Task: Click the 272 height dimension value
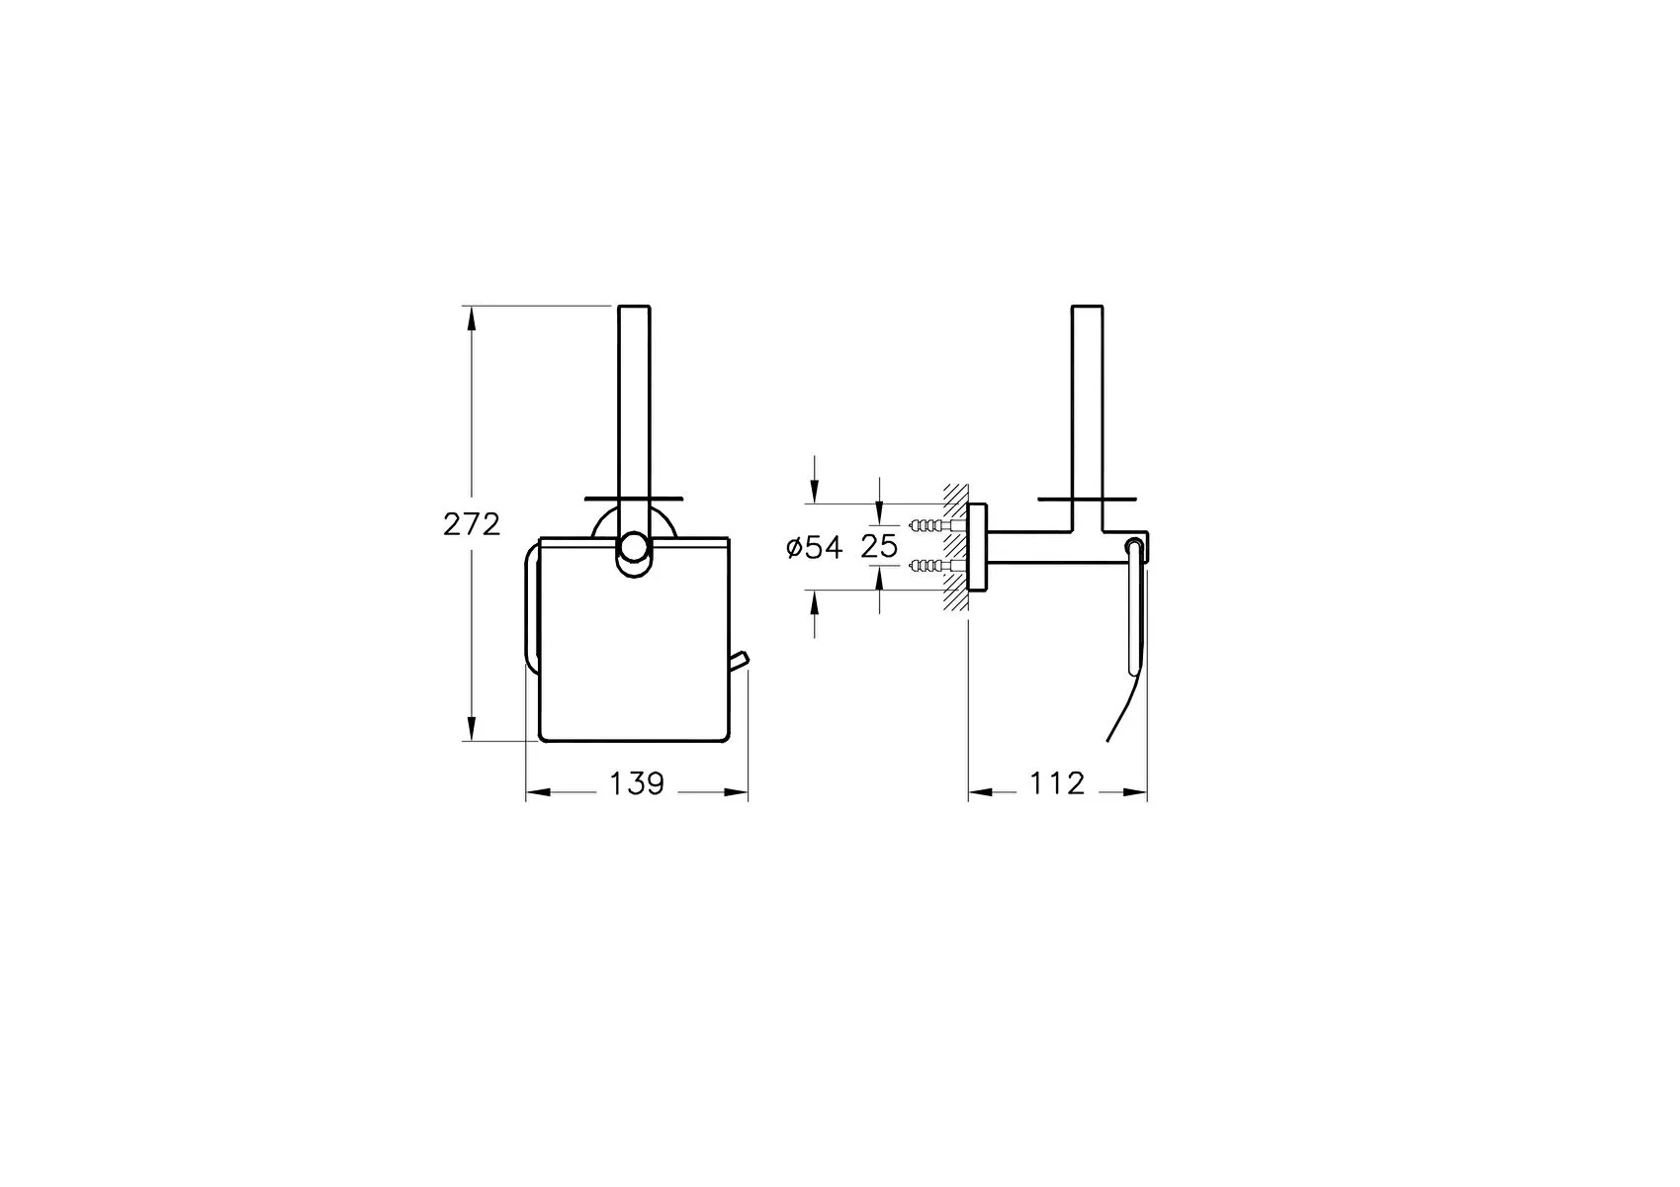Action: (471, 524)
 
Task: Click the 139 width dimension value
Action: (637, 784)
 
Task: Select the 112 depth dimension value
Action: (1057, 784)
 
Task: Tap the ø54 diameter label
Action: (815, 547)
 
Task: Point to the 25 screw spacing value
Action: (879, 545)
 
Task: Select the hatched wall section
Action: (955, 546)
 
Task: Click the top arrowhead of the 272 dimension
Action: (471, 320)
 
